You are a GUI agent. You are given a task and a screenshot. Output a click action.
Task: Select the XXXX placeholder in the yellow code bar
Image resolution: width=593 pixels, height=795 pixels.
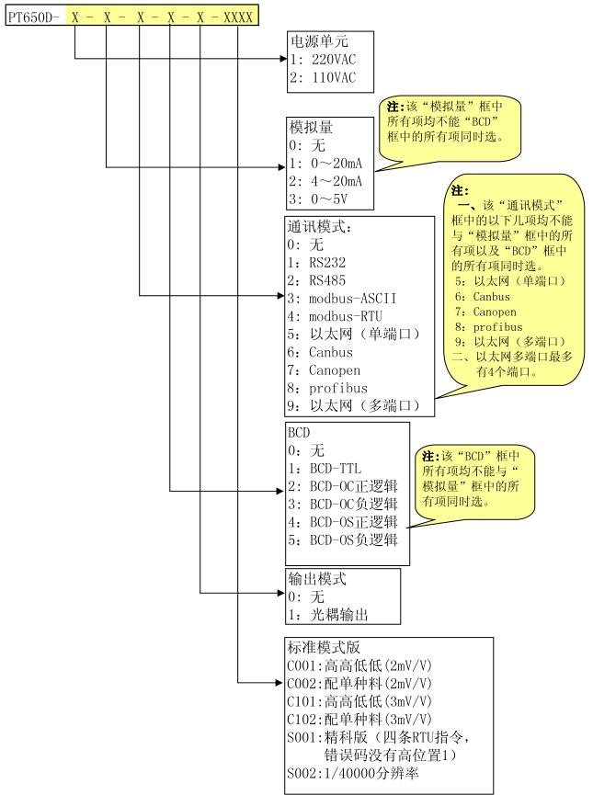238,17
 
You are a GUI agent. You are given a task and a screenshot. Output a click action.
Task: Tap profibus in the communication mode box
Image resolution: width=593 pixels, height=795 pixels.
337,389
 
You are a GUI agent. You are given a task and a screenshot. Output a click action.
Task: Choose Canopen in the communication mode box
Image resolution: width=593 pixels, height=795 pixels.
335,370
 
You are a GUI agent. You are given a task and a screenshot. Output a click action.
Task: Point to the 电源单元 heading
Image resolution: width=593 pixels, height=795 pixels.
319,40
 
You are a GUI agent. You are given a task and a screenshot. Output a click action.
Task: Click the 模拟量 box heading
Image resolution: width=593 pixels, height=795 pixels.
311,127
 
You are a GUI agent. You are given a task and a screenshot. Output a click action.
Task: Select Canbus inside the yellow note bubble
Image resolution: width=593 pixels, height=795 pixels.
492,297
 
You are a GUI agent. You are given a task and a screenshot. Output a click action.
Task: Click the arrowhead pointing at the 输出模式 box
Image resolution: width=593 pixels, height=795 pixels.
281,593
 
